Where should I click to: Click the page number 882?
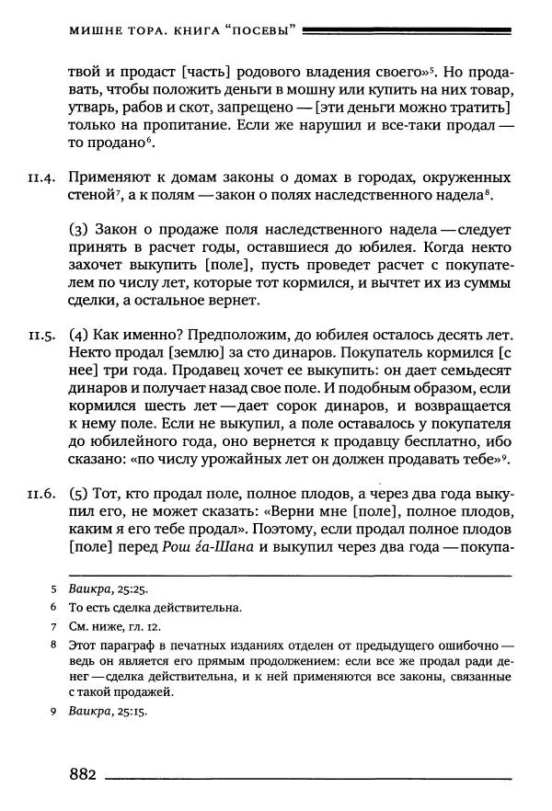82,774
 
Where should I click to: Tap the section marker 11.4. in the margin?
44,177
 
